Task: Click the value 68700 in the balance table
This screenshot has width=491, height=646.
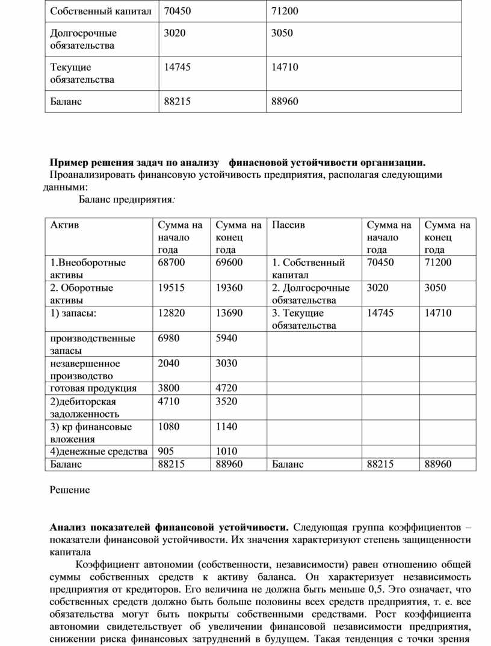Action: pyautogui.click(x=171, y=263)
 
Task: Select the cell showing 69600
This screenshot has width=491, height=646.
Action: pyautogui.click(x=229, y=263)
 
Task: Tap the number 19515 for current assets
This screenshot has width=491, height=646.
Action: pyautogui.click(x=171, y=288)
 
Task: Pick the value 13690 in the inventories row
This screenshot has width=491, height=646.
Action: pyautogui.click(x=229, y=313)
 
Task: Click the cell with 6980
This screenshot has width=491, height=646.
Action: pyautogui.click(x=168, y=338)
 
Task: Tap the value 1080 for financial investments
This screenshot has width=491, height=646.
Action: pyautogui.click(x=168, y=427)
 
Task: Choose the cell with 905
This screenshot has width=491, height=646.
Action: pyautogui.click(x=166, y=451)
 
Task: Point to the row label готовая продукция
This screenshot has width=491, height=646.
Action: pyautogui.click(x=93, y=388)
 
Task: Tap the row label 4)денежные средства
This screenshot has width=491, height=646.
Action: pyautogui.click(x=99, y=451)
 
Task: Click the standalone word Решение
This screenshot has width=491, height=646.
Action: pyautogui.click(x=70, y=490)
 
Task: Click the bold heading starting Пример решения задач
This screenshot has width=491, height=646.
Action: pyautogui.click(x=238, y=162)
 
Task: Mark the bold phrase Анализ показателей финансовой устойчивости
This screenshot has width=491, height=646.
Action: pyautogui.click(x=169, y=528)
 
